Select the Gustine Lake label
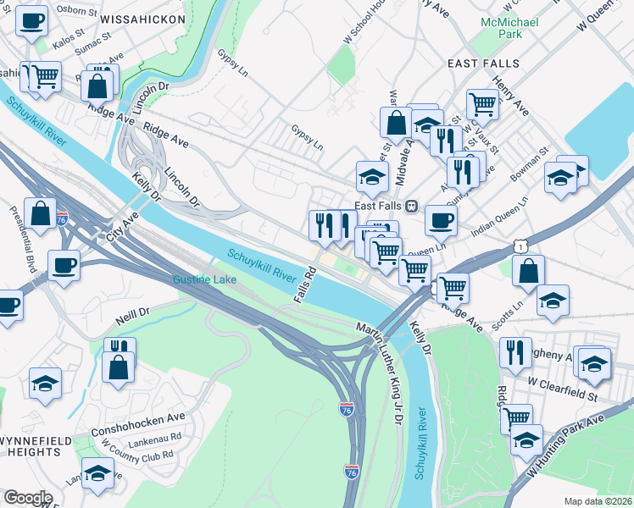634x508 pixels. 203,279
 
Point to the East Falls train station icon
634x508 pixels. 411,206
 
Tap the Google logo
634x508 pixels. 28,497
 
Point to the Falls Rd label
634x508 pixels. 304,285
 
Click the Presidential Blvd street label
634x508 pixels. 24,239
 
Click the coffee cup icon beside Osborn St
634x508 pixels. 32,20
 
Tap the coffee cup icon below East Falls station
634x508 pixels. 440,219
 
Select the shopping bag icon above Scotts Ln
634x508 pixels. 528,271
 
